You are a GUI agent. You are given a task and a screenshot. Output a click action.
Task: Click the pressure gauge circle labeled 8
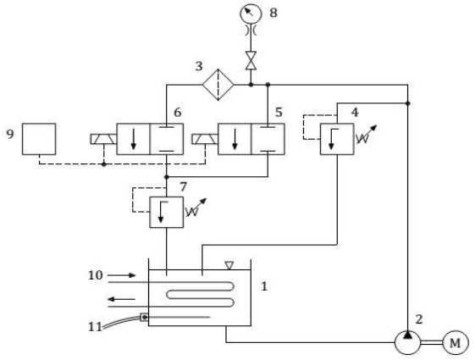[251, 14]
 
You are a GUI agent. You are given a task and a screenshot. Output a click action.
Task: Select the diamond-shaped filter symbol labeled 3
[218, 85]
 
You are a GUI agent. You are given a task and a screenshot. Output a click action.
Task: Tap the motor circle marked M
[456, 343]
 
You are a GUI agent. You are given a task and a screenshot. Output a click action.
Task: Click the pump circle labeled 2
[408, 342]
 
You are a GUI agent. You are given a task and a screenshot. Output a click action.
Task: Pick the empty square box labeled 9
[39, 139]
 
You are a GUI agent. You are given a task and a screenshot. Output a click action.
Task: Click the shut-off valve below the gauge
[251, 61]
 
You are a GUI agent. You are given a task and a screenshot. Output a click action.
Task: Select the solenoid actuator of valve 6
[103, 139]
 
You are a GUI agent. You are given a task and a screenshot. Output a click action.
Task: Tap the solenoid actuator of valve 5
[205, 139]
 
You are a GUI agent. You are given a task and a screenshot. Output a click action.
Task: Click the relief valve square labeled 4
[337, 139]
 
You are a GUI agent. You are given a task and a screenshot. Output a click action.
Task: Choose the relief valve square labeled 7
[167, 212]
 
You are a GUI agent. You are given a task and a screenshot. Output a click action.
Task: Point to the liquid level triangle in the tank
[229, 265]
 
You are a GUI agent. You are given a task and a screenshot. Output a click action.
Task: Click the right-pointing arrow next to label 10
[122, 275]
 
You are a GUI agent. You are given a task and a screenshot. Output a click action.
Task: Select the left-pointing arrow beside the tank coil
[122, 299]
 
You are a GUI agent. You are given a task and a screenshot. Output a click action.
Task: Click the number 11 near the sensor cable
[95, 327]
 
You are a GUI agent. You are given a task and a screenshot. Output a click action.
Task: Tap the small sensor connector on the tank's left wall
[144, 318]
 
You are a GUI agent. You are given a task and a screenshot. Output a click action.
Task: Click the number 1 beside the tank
[264, 286]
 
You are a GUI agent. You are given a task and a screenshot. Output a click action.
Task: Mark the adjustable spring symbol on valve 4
[366, 135]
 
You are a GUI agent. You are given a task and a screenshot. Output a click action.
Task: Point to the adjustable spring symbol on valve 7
[196, 208]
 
